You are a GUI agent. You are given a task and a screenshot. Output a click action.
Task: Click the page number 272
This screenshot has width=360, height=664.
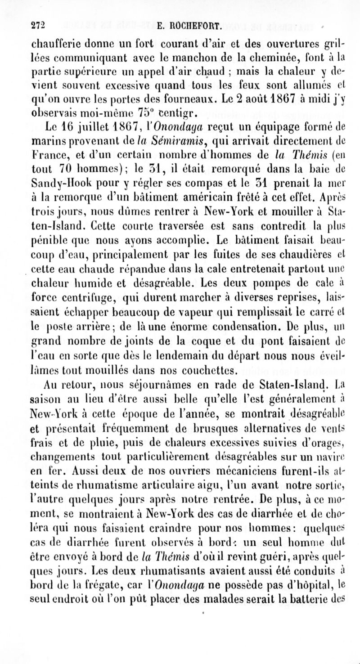(x=39, y=26)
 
